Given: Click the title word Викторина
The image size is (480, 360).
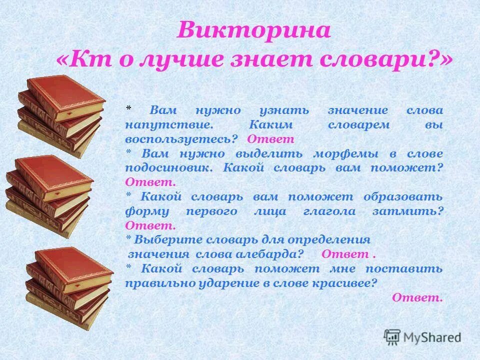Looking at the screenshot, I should point(253,31).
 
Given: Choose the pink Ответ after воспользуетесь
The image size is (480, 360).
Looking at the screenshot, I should point(270,139).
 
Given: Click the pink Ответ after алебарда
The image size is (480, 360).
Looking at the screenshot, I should point(345,254).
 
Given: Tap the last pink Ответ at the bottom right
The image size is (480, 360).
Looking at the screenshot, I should point(417,297).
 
